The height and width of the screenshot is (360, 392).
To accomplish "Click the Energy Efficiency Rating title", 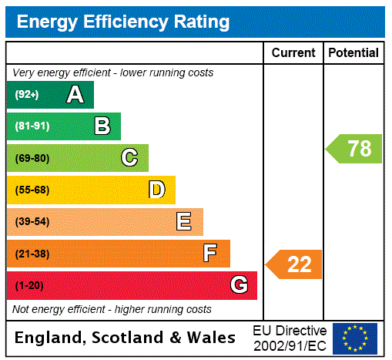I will coord(123,22).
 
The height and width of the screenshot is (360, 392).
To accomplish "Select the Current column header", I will coord(293,53).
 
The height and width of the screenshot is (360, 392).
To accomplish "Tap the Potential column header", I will coord(353,53).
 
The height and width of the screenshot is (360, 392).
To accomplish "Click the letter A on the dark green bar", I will coord(75,95).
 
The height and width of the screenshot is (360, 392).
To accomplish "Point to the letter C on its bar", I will coord(129,158).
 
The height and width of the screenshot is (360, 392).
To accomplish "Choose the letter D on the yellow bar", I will coord(156,190).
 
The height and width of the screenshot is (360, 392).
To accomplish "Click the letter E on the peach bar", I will coord(184,222).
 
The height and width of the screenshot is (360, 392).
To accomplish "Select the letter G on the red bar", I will coord(239,285).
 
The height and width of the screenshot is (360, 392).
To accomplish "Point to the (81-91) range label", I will coord(32,126).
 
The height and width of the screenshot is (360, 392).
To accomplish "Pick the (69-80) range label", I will coord(32,158).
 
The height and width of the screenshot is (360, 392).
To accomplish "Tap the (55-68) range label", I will coord(32,190).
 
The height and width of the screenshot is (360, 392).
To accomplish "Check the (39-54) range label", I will coord(32,222).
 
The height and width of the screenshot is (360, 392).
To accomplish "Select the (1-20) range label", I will coord(29,285).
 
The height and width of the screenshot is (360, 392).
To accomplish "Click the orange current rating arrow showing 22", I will coord(294,264).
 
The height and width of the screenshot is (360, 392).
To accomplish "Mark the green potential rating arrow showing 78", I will coord(353,148).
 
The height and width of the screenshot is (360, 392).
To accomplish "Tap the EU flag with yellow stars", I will coord(355,338).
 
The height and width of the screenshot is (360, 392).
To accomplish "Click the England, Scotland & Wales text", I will coord(126,338).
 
